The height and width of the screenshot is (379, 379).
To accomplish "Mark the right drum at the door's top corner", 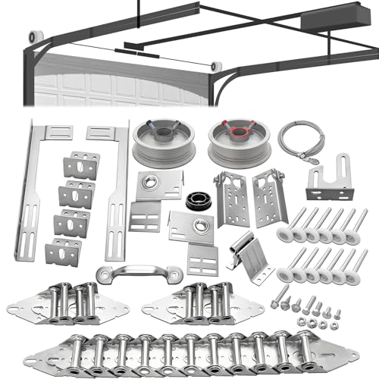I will click(x=217, y=67).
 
